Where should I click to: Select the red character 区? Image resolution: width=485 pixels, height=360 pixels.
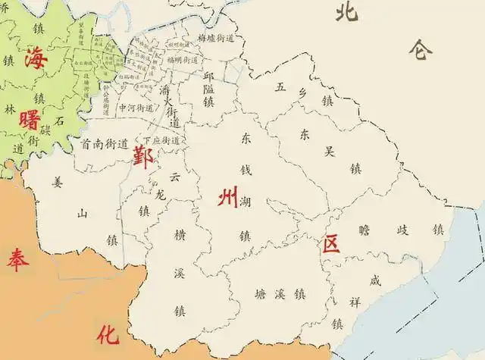(x=330, y=244)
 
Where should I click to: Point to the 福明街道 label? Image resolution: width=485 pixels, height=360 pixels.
(x=184, y=58)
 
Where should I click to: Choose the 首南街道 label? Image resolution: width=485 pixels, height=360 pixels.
(x=102, y=143)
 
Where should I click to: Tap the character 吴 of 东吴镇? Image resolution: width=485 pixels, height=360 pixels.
(x=329, y=151)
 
